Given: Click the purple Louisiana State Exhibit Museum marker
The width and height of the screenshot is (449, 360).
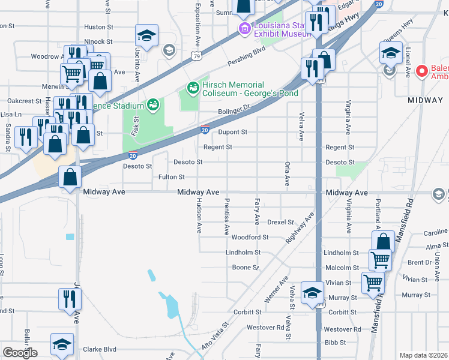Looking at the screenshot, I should [x=244, y=29].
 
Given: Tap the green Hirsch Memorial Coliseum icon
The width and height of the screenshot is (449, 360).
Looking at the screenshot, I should [x=193, y=88].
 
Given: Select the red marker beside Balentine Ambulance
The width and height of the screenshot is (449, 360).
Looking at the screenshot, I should [x=422, y=71].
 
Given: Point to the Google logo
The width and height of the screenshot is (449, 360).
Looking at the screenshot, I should [x=20, y=353].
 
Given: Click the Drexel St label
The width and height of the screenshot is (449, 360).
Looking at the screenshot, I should [x=280, y=223].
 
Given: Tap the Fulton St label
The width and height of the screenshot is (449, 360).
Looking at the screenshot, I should [x=171, y=177].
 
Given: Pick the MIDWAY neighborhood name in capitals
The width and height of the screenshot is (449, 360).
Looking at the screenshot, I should [x=425, y=100].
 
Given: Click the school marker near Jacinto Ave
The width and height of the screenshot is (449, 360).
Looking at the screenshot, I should [x=146, y=37].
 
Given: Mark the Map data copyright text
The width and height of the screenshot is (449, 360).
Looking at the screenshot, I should [x=424, y=355].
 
